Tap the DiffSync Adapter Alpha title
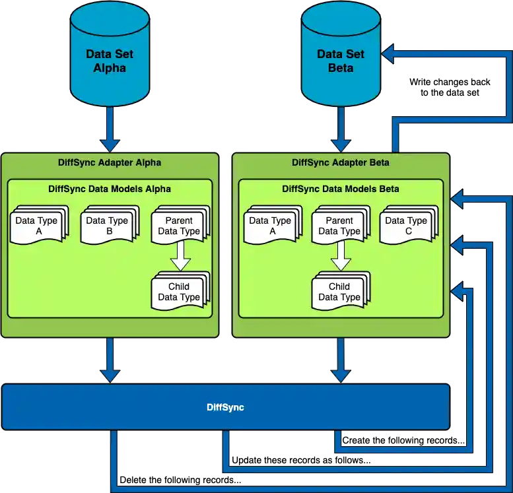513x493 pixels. tap(110, 162)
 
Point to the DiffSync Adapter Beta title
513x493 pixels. tap(341, 162)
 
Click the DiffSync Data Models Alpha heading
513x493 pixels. tap(110, 189)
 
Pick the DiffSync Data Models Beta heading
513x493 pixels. tap(341, 189)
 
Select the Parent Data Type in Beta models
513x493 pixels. tap(339, 225)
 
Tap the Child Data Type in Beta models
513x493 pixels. tap(339, 291)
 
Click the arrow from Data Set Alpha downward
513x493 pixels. tap(110, 131)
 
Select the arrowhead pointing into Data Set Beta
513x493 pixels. tap(388, 55)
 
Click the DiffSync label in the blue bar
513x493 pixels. tap(225, 407)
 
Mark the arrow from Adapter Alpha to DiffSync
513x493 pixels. tap(110, 360)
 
